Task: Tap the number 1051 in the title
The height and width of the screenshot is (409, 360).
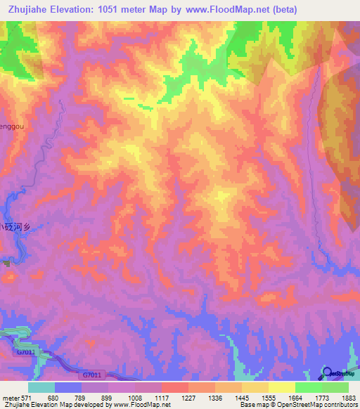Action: tap(115, 10)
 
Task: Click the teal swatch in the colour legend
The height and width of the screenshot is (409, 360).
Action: tap(41, 387)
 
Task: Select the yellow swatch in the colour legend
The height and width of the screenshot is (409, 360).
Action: tap(281, 387)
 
